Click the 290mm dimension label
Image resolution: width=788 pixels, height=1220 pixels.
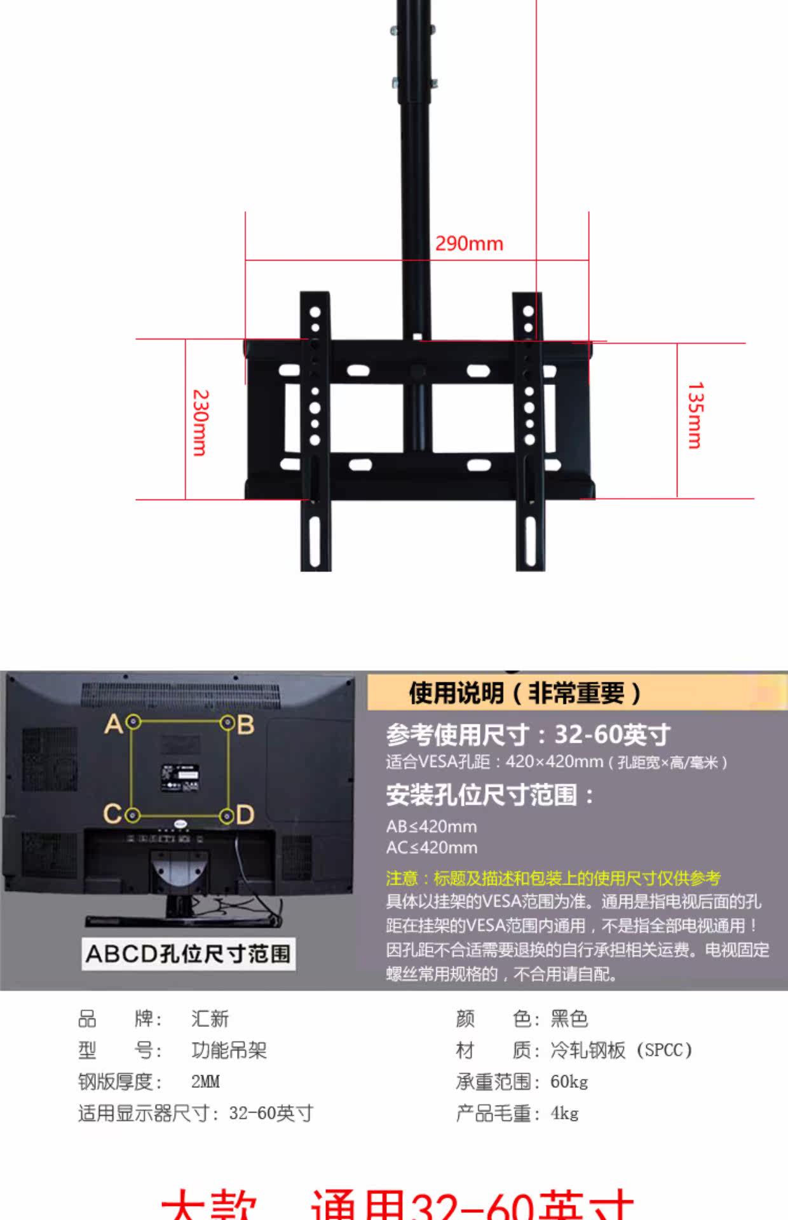(x=469, y=243)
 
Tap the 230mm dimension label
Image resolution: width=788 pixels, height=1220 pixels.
(x=200, y=423)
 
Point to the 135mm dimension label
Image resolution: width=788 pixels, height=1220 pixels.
(x=696, y=416)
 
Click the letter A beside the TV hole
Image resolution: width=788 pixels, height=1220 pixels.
(x=114, y=724)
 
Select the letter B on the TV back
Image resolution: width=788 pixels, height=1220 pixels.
(x=246, y=724)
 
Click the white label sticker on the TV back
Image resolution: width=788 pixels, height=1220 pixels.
(x=180, y=778)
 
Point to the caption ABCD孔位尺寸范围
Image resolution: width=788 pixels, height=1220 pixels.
(x=188, y=954)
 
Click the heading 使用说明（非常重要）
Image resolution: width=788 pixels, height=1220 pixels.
(x=525, y=693)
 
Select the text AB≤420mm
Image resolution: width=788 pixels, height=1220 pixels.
(x=431, y=827)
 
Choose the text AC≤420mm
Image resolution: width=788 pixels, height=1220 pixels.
(x=431, y=848)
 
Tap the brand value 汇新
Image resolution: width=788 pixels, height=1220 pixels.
(x=210, y=1019)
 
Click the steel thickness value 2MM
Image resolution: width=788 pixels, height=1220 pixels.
(x=205, y=1081)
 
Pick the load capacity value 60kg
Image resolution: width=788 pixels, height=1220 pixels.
(x=569, y=1081)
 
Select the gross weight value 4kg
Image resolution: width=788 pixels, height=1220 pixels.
(x=564, y=1113)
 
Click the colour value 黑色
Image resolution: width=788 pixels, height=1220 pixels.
(x=569, y=1019)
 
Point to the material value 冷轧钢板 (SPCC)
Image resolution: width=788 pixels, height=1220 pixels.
(x=621, y=1050)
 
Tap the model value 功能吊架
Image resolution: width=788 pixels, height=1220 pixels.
(x=229, y=1050)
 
